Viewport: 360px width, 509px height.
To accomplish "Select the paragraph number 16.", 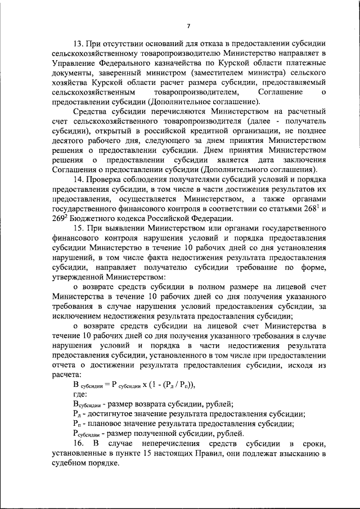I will [x=79, y=444].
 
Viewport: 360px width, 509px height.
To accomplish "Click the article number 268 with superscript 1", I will [x=310, y=209].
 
